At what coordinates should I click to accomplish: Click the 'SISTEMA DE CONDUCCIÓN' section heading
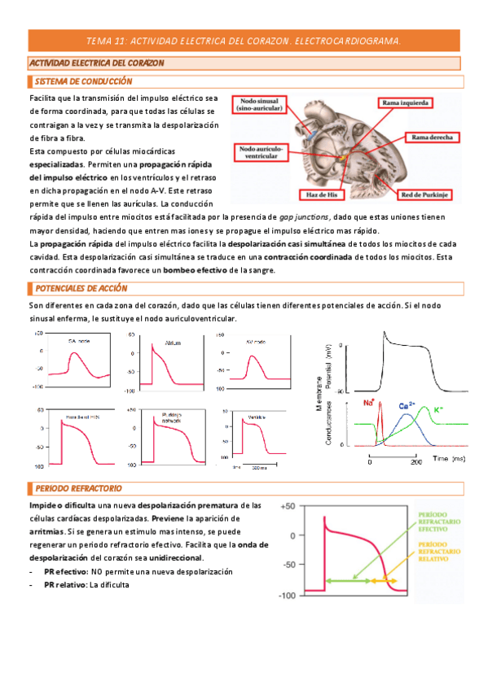[83, 81]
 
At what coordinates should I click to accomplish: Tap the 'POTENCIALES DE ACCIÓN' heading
[81, 289]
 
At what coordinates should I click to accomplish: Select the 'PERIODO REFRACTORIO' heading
[78, 488]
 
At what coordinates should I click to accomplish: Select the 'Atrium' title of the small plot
[173, 343]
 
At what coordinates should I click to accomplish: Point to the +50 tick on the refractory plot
[287, 506]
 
